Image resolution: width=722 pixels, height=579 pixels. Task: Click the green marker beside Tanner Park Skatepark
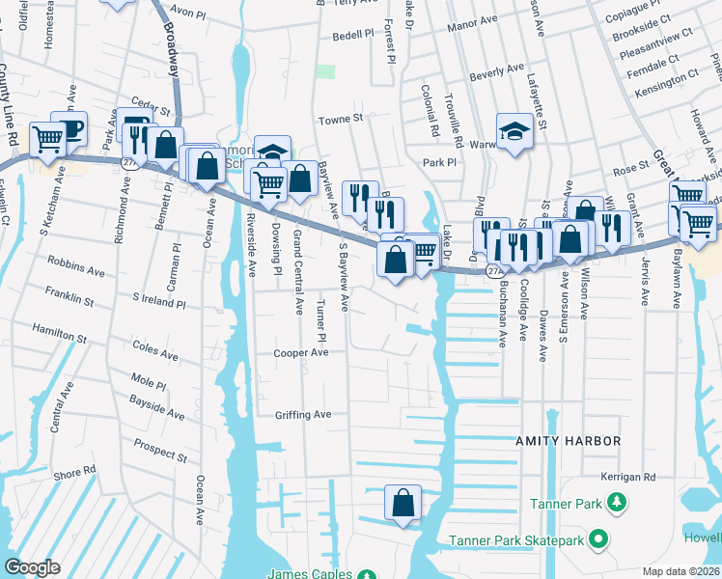(x=599, y=538)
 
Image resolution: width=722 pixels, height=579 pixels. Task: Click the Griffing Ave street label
(x=302, y=415)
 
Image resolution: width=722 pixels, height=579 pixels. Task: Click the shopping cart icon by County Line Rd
(x=46, y=139)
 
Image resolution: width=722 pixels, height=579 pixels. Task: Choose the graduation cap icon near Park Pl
(x=514, y=132)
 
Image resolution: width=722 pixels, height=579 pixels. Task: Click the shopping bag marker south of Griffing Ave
(x=403, y=503)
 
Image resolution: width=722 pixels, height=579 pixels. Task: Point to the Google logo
(x=32, y=567)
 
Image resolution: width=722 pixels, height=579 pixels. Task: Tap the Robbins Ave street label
(x=75, y=273)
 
